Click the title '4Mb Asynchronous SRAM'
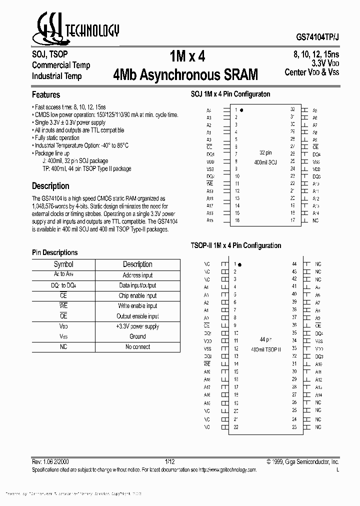[185, 75]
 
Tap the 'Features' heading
[46, 95]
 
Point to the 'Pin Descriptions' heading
[55, 252]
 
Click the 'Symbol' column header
[63, 264]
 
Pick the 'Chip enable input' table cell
[137, 295]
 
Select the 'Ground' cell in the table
[137, 336]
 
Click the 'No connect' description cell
[137, 346]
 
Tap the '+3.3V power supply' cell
[137, 326]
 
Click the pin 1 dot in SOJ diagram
[242, 109]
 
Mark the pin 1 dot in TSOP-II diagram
[240, 264]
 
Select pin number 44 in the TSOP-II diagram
[294, 263]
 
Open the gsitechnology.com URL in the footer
[227, 470]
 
